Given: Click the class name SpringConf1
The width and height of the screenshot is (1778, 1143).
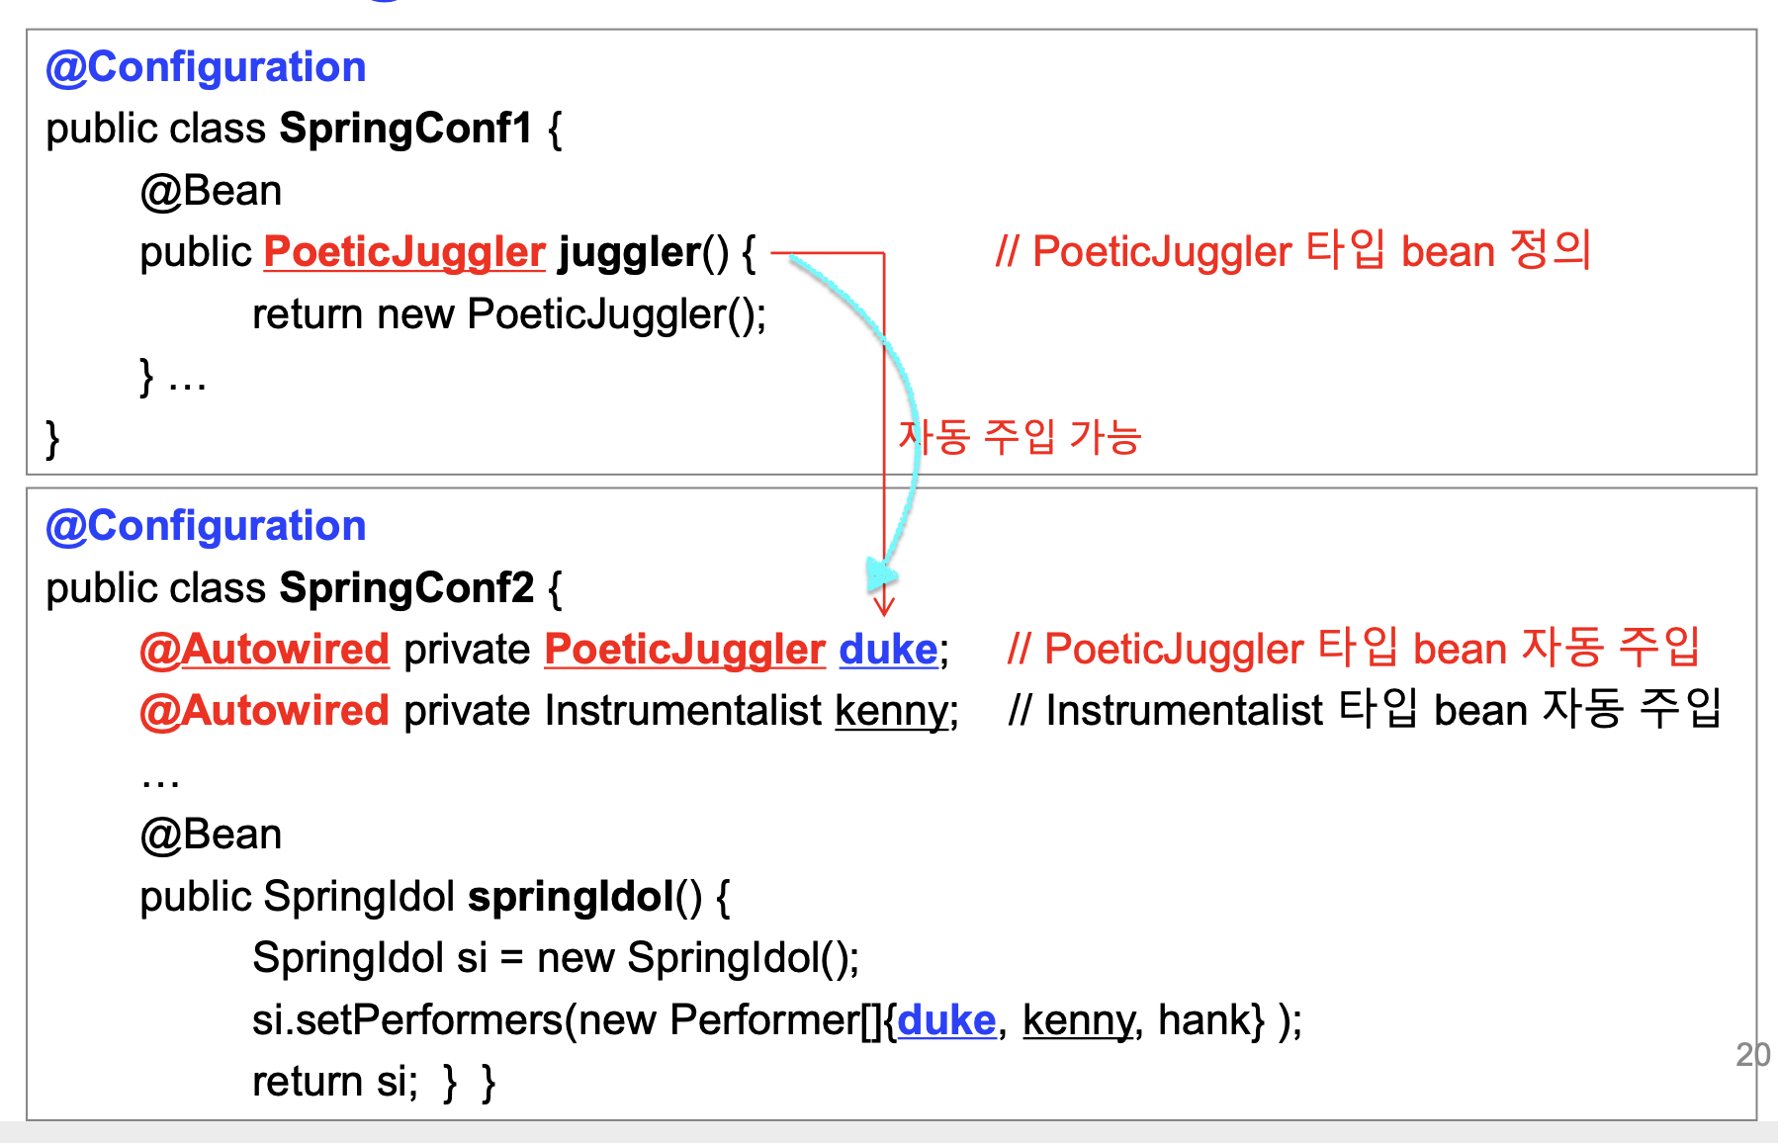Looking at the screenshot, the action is [405, 129].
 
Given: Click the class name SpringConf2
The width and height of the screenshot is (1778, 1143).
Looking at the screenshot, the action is [407, 588].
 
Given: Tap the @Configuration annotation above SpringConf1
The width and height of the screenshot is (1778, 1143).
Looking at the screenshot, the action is [206, 67].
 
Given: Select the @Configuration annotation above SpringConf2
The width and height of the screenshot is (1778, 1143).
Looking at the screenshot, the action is [206, 526].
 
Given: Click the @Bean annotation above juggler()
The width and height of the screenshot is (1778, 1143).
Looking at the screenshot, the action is [211, 191].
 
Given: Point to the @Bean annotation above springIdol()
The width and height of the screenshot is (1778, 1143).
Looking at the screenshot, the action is [211, 835].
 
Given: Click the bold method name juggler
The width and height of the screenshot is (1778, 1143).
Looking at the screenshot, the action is [630, 252].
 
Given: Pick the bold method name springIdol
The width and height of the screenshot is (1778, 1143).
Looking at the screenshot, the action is [571, 897].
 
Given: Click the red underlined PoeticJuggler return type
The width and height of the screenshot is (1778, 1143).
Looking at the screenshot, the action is [404, 252].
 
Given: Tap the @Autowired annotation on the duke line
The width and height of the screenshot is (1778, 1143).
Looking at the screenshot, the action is [264, 650].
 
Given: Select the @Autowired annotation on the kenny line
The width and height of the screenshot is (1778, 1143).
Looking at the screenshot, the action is [264, 711].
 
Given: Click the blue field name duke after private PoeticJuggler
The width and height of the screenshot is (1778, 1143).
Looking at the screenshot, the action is [888, 650].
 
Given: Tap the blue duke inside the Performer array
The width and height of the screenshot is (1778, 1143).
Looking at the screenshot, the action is [946, 1020].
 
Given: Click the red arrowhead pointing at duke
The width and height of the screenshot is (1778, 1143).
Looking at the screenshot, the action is [884, 603].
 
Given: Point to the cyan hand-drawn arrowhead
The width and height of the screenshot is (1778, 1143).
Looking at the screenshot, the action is [879, 573].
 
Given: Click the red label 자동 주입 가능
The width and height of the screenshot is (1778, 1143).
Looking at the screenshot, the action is [1020, 437].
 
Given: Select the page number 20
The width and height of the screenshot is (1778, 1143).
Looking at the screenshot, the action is [1752, 1055].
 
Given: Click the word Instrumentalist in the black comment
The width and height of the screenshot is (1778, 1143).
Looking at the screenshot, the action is [1184, 711].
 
